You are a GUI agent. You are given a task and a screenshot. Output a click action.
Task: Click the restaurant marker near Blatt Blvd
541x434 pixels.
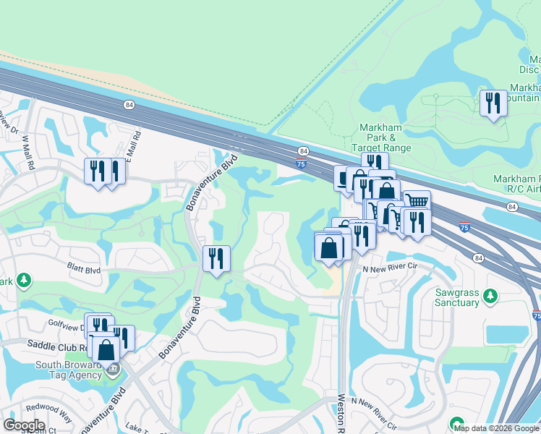click(216, 259)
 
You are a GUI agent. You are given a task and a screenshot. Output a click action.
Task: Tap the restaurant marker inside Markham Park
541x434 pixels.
click(493, 103)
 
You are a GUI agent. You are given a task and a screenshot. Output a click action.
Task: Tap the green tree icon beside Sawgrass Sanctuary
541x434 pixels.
click(491, 295)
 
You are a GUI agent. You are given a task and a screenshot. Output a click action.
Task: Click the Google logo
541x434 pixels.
click(24, 425)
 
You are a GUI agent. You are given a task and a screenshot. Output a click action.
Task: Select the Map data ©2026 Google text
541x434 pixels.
click(496, 428)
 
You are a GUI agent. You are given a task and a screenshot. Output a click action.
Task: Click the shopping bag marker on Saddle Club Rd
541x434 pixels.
click(106, 349)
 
